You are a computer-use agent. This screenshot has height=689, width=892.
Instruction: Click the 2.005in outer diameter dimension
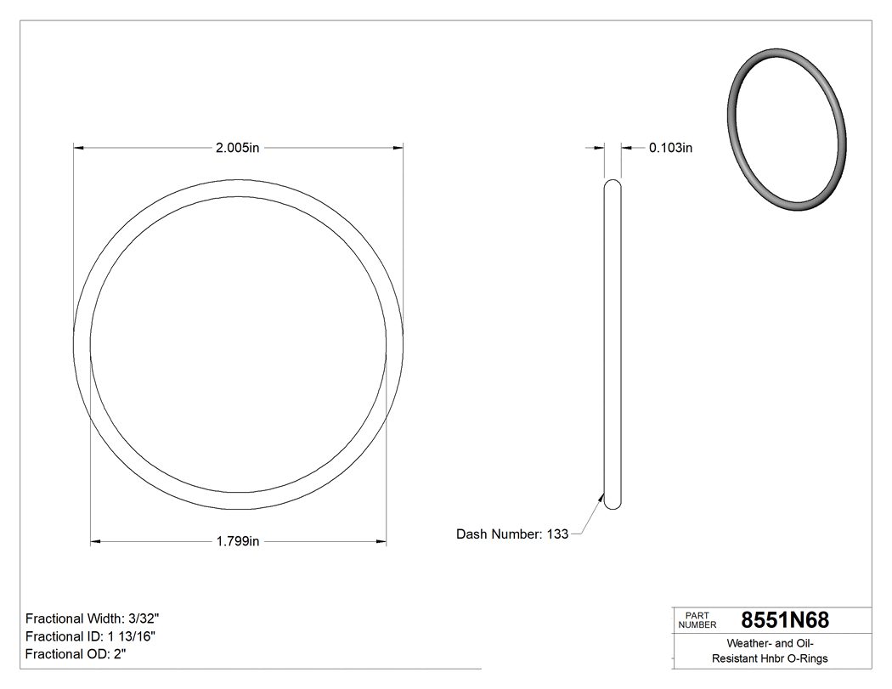[x=237, y=148]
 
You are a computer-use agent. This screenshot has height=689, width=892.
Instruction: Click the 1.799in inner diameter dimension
[x=237, y=541]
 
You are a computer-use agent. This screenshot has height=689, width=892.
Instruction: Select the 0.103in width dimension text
[x=670, y=148]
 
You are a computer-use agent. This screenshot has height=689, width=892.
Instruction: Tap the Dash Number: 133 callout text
[x=512, y=534]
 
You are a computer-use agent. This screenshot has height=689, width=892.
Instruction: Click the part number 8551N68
[x=785, y=620]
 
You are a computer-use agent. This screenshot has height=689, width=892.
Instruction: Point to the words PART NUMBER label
[x=697, y=620]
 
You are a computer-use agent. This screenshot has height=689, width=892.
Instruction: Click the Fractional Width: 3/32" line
[x=92, y=618]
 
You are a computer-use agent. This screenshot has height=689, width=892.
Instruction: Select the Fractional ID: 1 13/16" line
[x=90, y=636]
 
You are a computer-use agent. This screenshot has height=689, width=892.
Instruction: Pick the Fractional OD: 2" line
[x=76, y=654]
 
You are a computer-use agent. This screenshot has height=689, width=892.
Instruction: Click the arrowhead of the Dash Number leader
[x=601, y=499]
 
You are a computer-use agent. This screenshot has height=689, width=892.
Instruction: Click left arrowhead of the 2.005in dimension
[x=79, y=148]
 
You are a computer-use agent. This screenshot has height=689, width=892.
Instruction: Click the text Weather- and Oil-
[x=770, y=643]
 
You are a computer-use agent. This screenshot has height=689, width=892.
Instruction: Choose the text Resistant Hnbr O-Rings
[x=770, y=658]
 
